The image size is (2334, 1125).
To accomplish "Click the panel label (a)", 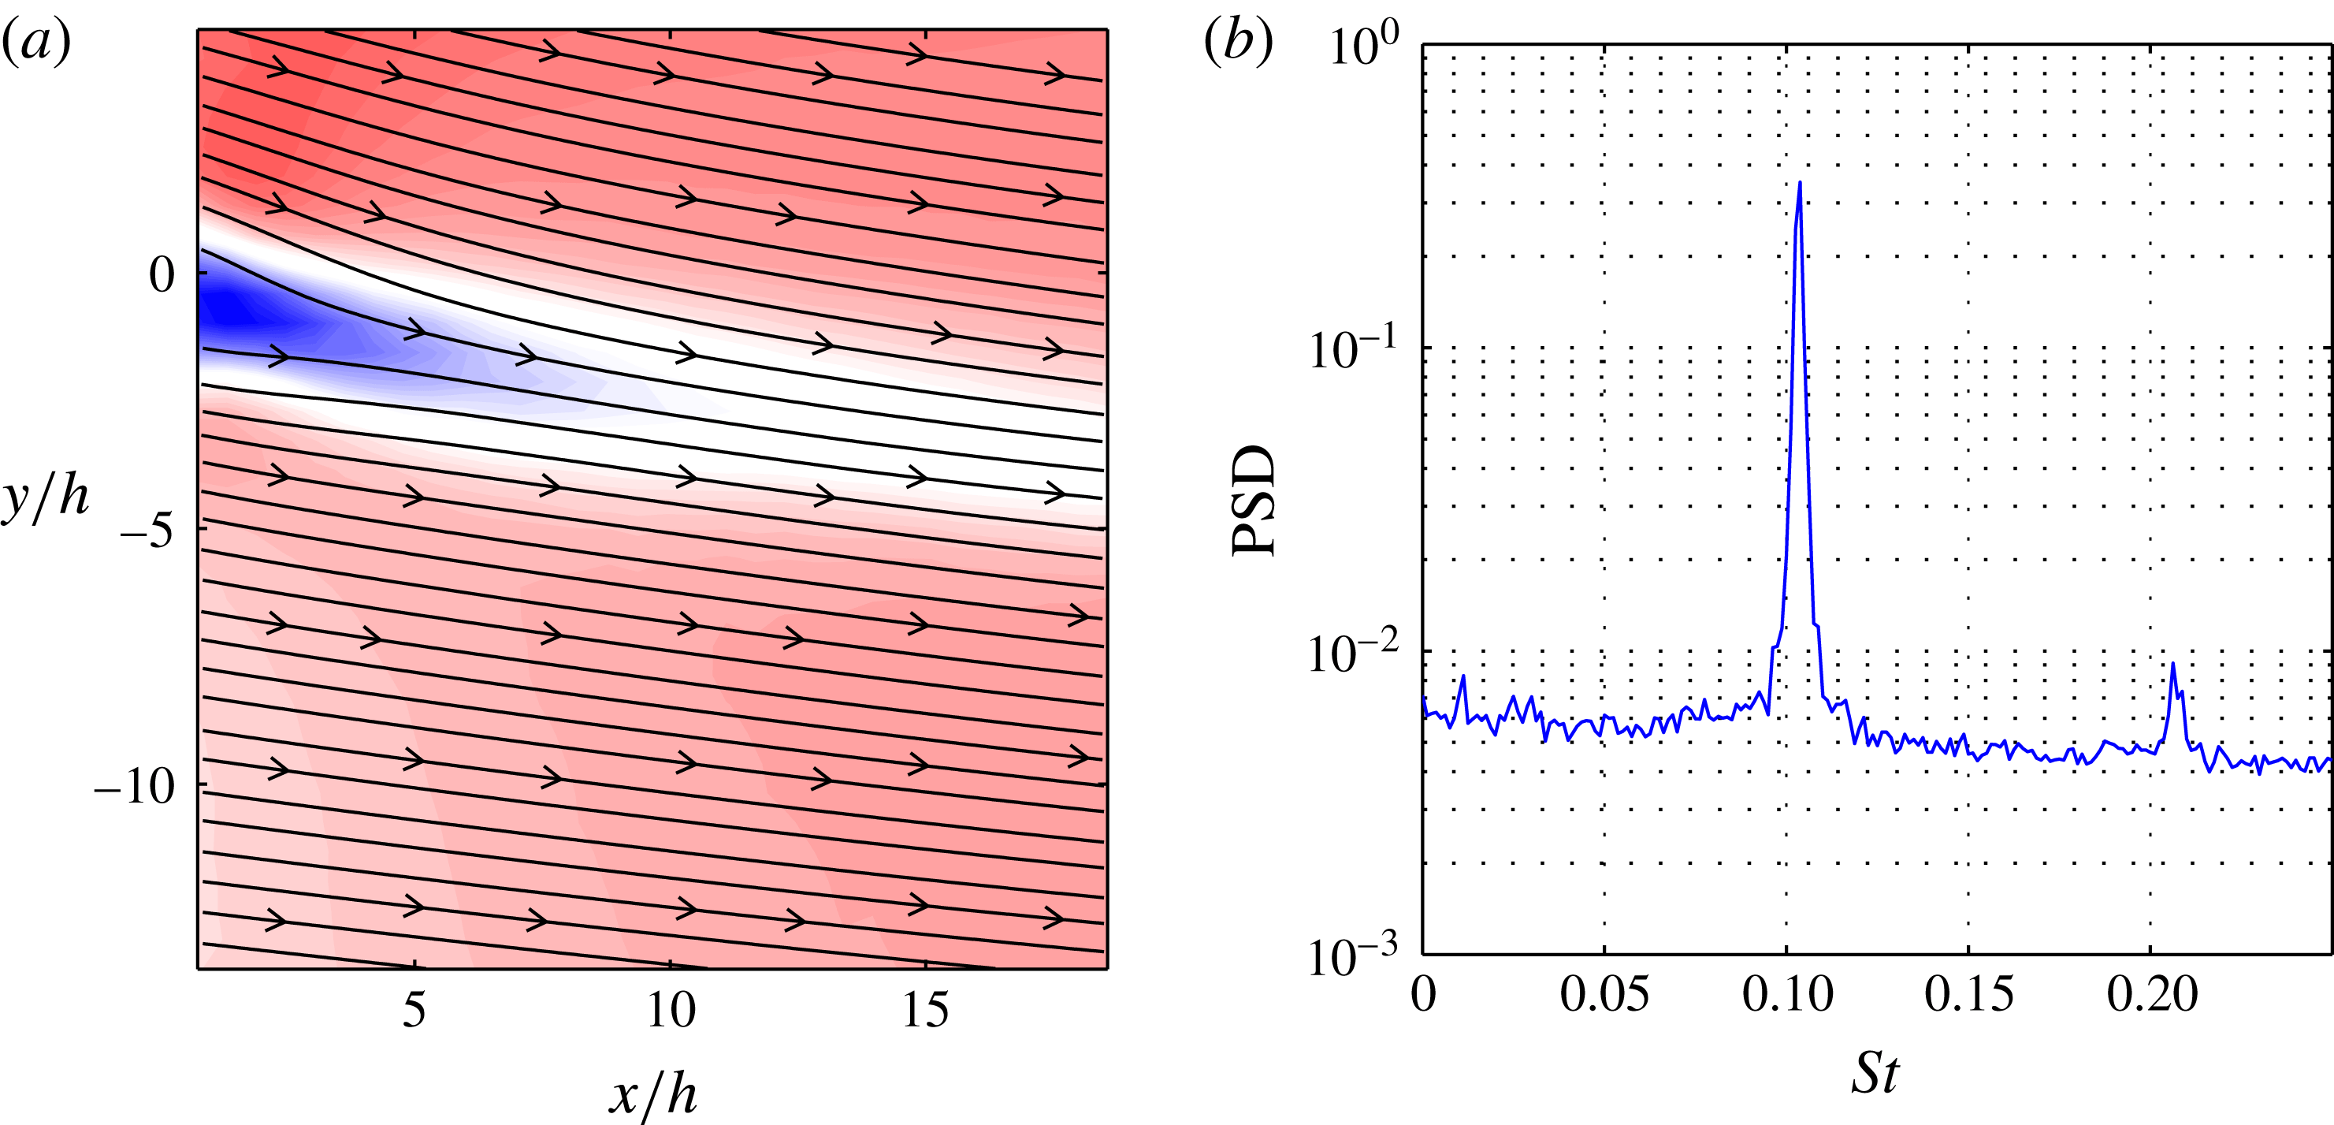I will coord(36,42).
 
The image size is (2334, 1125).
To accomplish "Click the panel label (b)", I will coord(1238,42).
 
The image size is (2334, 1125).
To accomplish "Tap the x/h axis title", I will coord(652,1093).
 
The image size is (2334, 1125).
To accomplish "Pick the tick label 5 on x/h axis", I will coord(414,1009).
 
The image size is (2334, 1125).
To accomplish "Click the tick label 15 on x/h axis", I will coord(925,1009).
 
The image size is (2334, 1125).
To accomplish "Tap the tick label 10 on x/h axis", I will coord(671,1009).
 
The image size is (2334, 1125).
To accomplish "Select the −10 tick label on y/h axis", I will coord(134,786).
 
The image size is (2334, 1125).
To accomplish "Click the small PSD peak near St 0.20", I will coord(2172,665).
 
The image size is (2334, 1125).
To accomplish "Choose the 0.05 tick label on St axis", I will coord(1604,994).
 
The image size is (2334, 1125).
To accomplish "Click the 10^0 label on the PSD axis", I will coord(1364,45).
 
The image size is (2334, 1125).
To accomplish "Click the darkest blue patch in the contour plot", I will coord(226,313).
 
